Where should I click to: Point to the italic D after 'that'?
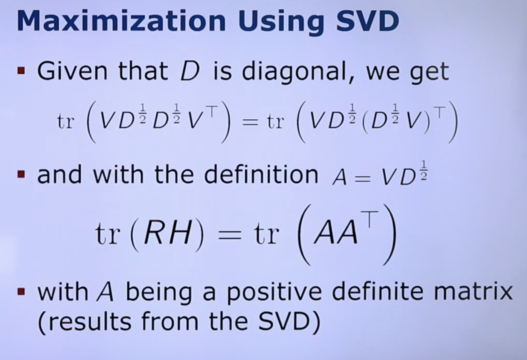pyautogui.click(x=190, y=71)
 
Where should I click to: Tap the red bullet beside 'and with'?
pyautogui.click(x=21, y=174)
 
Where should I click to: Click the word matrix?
pyautogui.click(x=473, y=292)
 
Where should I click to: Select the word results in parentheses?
pyautogui.click(x=85, y=321)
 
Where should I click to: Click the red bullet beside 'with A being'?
pyautogui.click(x=21, y=292)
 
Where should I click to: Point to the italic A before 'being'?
pyautogui.click(x=105, y=292)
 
